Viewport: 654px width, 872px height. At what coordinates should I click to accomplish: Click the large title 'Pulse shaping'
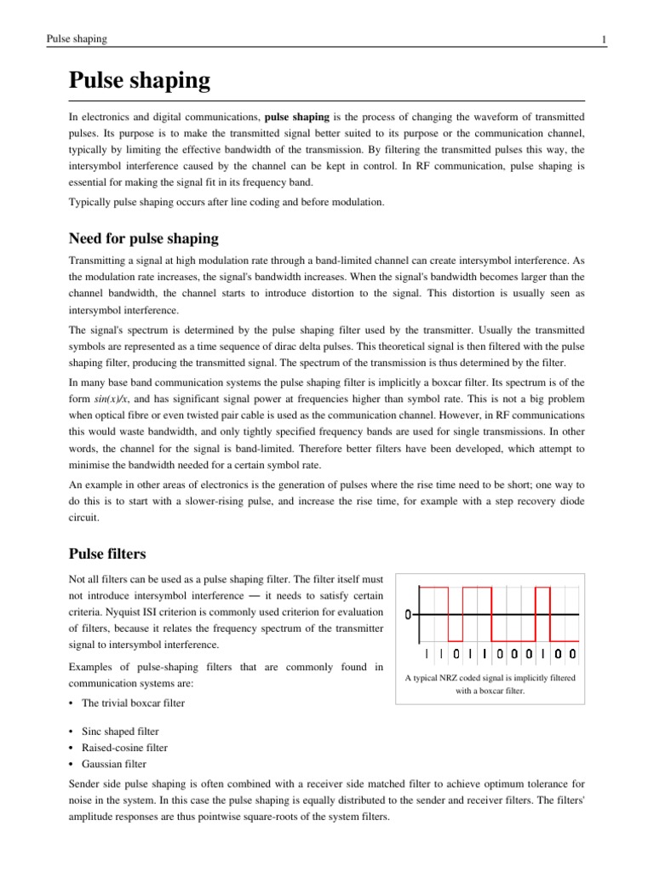coord(139,82)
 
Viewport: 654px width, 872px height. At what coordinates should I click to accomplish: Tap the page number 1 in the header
coord(603,40)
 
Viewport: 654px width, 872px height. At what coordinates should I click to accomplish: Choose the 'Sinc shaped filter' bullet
coord(120,731)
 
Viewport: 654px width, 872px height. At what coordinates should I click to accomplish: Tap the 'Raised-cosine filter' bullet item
coord(124,747)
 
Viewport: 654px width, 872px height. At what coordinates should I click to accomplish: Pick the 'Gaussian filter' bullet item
coord(114,763)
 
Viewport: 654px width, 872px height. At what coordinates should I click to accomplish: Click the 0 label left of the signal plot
coord(410,615)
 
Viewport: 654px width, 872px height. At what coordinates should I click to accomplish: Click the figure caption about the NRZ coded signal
coord(490,684)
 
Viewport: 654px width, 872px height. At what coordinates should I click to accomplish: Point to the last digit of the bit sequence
coord(571,654)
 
